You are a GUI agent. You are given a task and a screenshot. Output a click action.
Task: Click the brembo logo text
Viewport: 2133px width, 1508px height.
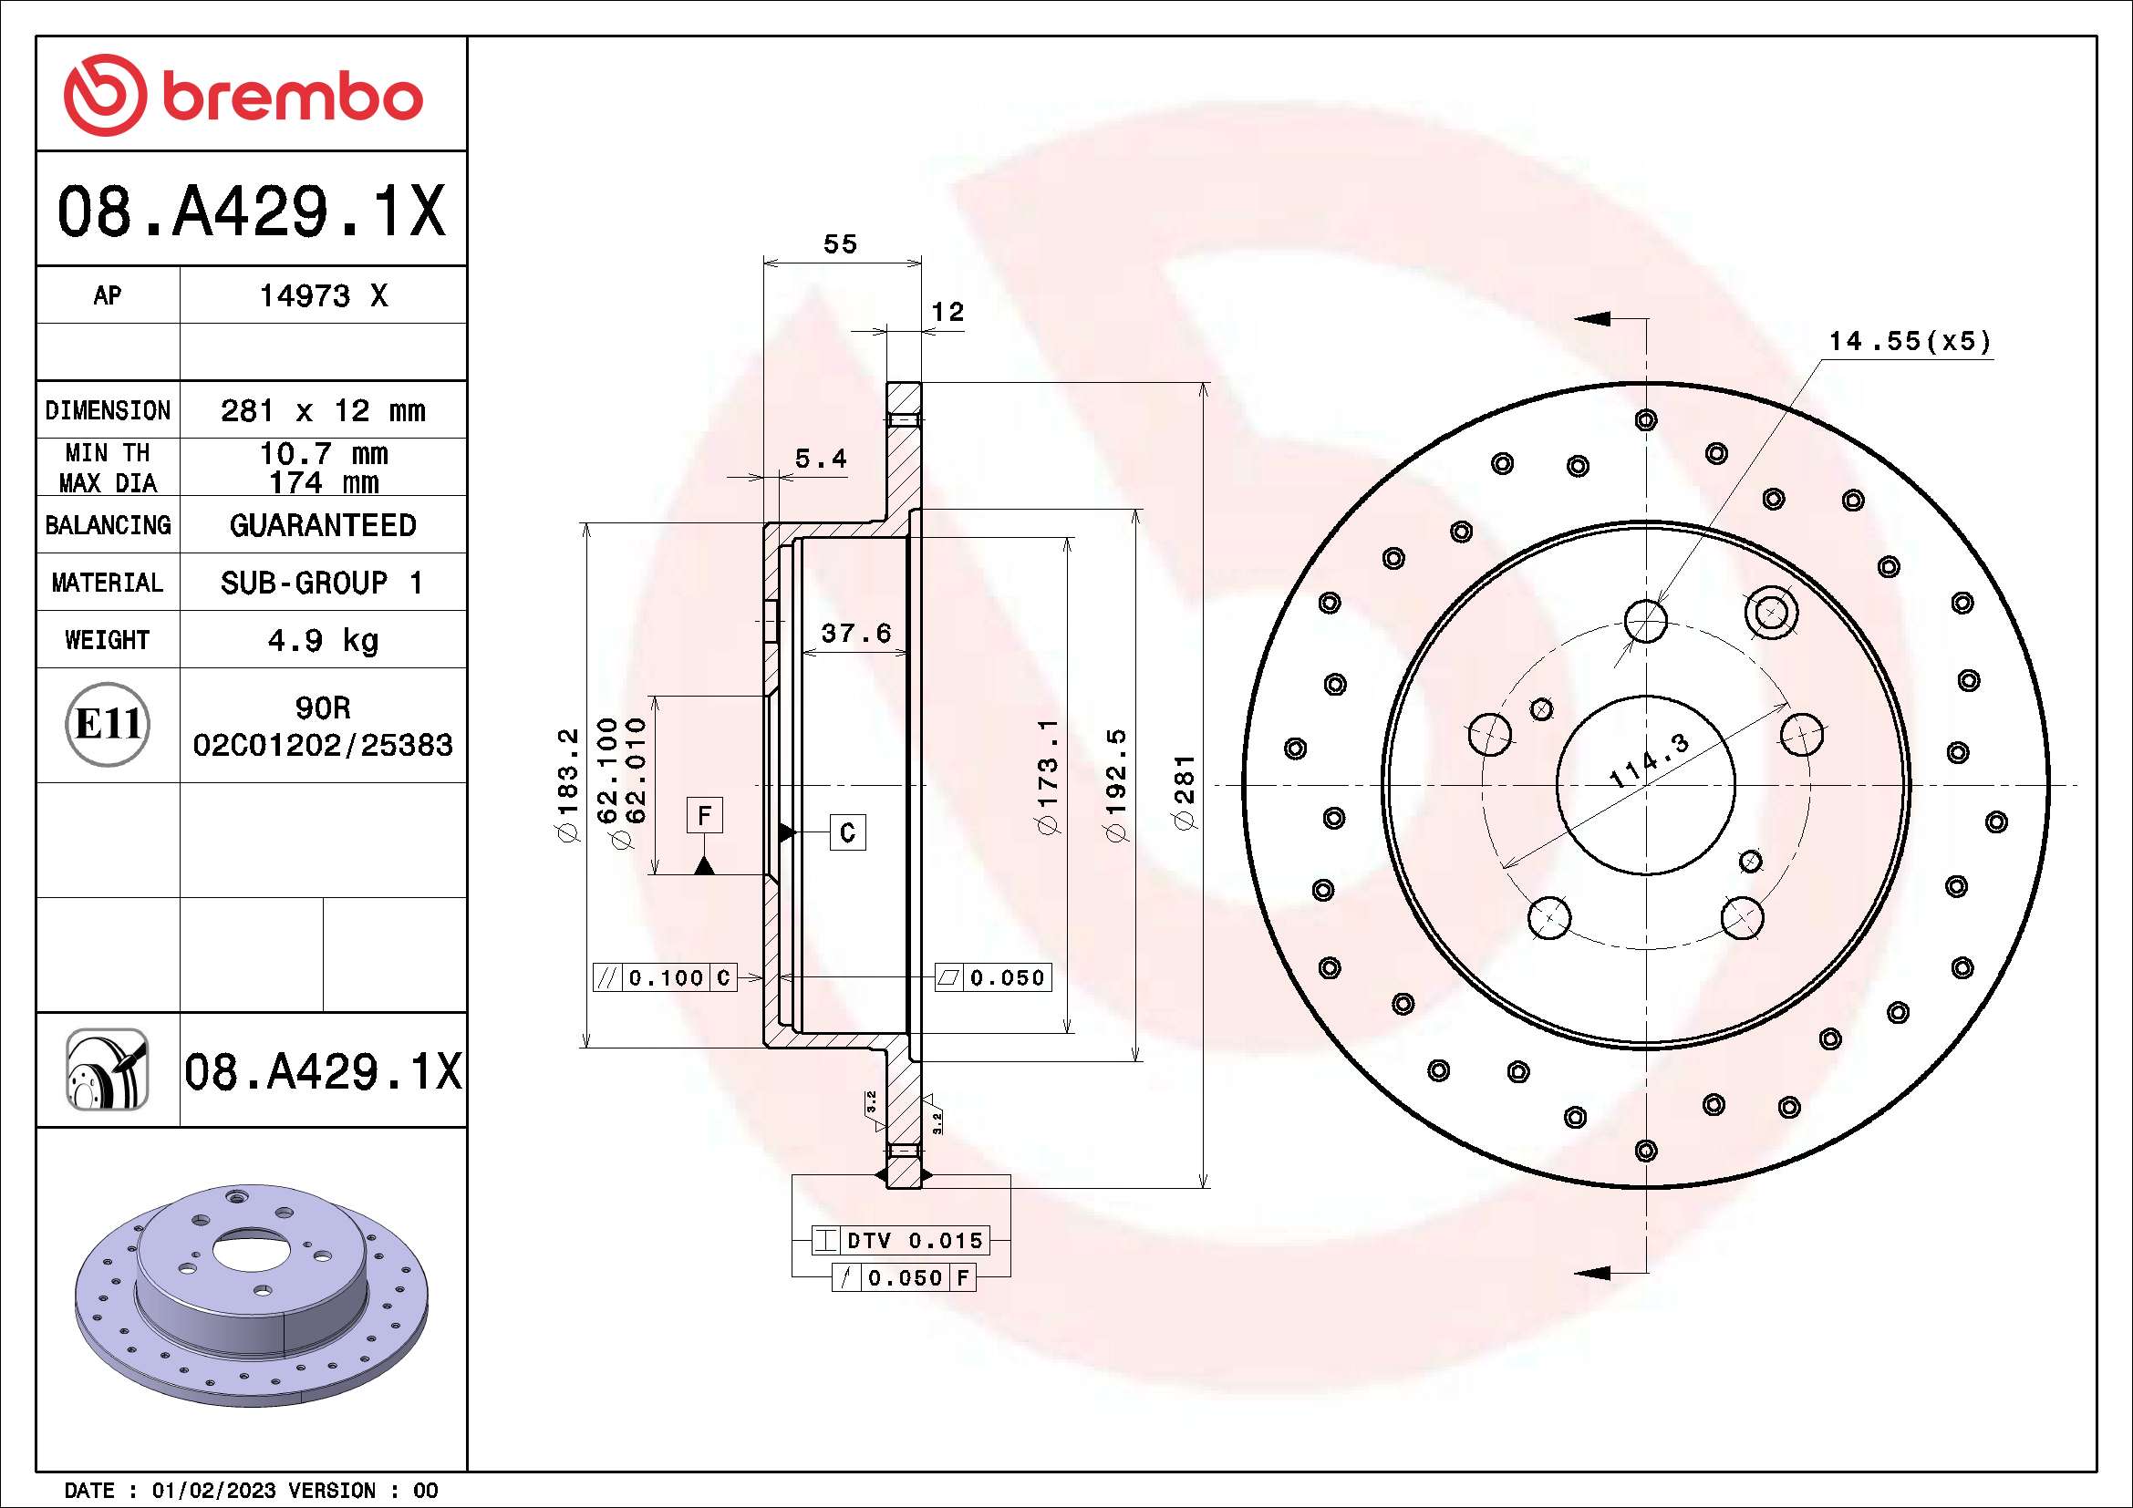(x=292, y=97)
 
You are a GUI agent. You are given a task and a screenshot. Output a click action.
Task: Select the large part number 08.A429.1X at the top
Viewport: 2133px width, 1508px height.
(x=251, y=212)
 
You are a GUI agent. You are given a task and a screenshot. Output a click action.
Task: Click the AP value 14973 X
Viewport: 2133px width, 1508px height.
(x=322, y=296)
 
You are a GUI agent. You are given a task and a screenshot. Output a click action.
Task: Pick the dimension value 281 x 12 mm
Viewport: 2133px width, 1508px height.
(x=322, y=410)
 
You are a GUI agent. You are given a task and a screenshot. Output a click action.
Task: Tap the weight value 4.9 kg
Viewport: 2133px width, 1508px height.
(x=322, y=640)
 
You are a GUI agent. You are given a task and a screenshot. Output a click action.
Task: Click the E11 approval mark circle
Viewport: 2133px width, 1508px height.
(x=108, y=724)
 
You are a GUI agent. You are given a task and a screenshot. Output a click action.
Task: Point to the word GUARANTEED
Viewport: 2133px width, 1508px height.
(x=322, y=525)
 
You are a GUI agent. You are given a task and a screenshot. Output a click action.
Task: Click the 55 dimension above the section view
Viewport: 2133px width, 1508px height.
(x=840, y=244)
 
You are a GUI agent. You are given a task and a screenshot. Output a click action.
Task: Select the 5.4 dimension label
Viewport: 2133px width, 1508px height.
(x=821, y=459)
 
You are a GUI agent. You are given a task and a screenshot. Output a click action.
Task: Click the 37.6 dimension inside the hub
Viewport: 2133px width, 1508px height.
(x=855, y=634)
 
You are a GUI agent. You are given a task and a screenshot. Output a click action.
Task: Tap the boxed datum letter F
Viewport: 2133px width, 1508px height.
(x=704, y=815)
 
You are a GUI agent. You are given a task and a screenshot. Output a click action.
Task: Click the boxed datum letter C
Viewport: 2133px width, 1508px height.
(x=847, y=832)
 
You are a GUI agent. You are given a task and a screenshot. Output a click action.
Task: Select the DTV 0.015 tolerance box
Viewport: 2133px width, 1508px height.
(x=900, y=1241)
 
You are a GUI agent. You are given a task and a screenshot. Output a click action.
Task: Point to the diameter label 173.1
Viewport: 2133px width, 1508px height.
(x=1047, y=776)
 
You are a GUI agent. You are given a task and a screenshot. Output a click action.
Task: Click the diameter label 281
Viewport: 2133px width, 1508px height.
(x=1184, y=791)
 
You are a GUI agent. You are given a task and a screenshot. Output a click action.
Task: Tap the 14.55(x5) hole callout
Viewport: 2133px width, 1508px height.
(x=1910, y=342)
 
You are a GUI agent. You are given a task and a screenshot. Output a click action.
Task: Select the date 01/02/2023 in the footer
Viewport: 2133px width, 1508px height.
(x=213, y=1491)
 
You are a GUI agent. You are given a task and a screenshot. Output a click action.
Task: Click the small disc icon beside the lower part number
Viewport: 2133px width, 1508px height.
(x=107, y=1069)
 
